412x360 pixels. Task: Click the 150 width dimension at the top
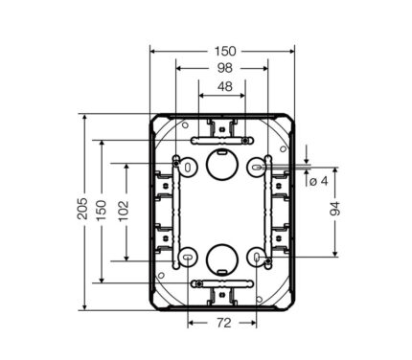[225, 51]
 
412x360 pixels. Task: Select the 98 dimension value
[225, 68]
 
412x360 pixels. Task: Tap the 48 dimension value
[225, 86]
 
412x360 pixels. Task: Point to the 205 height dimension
[82, 209]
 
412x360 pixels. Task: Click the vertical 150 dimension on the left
[102, 210]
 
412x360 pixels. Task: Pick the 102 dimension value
[124, 211]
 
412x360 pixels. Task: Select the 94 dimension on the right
[334, 209]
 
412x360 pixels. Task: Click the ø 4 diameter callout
[319, 181]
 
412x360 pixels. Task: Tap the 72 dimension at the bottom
[224, 324]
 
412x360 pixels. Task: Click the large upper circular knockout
[222, 164]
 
